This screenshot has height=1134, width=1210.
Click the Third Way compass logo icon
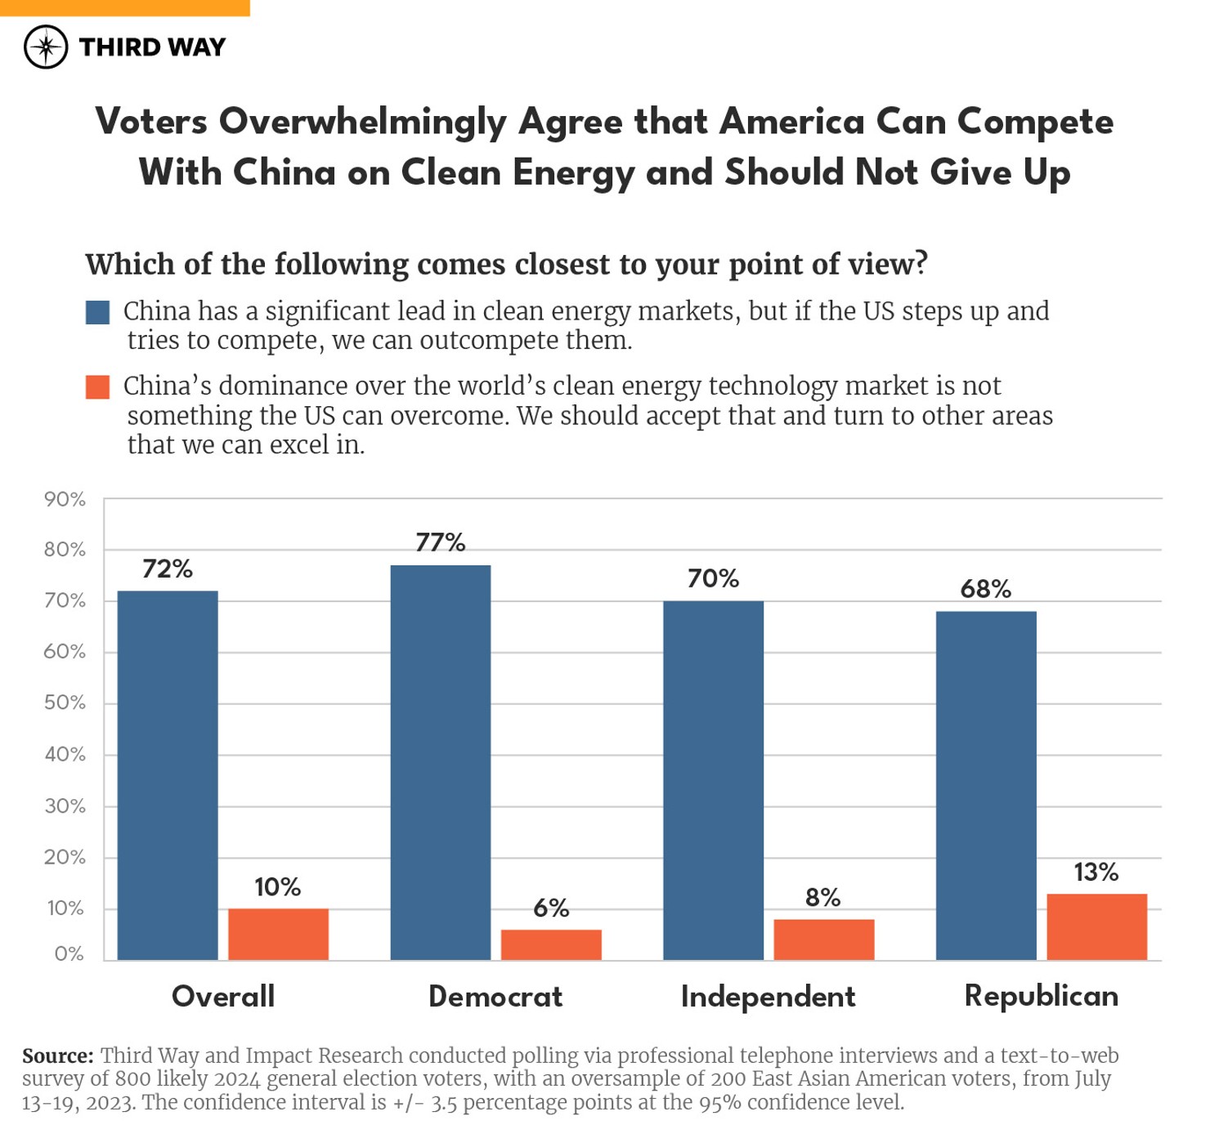point(46,47)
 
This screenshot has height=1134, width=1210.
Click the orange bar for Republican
point(1096,926)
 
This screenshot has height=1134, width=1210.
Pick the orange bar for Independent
point(823,939)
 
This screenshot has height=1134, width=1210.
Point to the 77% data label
point(440,542)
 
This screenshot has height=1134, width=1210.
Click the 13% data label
point(1096,872)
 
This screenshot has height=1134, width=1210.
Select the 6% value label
point(550,908)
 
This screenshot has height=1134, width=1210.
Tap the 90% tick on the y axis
point(65,499)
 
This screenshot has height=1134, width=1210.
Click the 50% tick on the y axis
point(65,703)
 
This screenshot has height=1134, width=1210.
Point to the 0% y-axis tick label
point(69,953)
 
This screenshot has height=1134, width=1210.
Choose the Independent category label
point(768,997)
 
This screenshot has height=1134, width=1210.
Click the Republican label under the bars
point(1041,996)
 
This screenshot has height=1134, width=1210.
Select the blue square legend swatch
point(97,312)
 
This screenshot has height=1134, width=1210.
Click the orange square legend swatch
point(97,386)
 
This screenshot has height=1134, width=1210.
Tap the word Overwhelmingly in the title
point(363,122)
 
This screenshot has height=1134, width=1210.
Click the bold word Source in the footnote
point(57,1056)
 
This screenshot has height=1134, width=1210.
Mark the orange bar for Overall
point(278,934)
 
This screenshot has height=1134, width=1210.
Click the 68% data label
point(985,588)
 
